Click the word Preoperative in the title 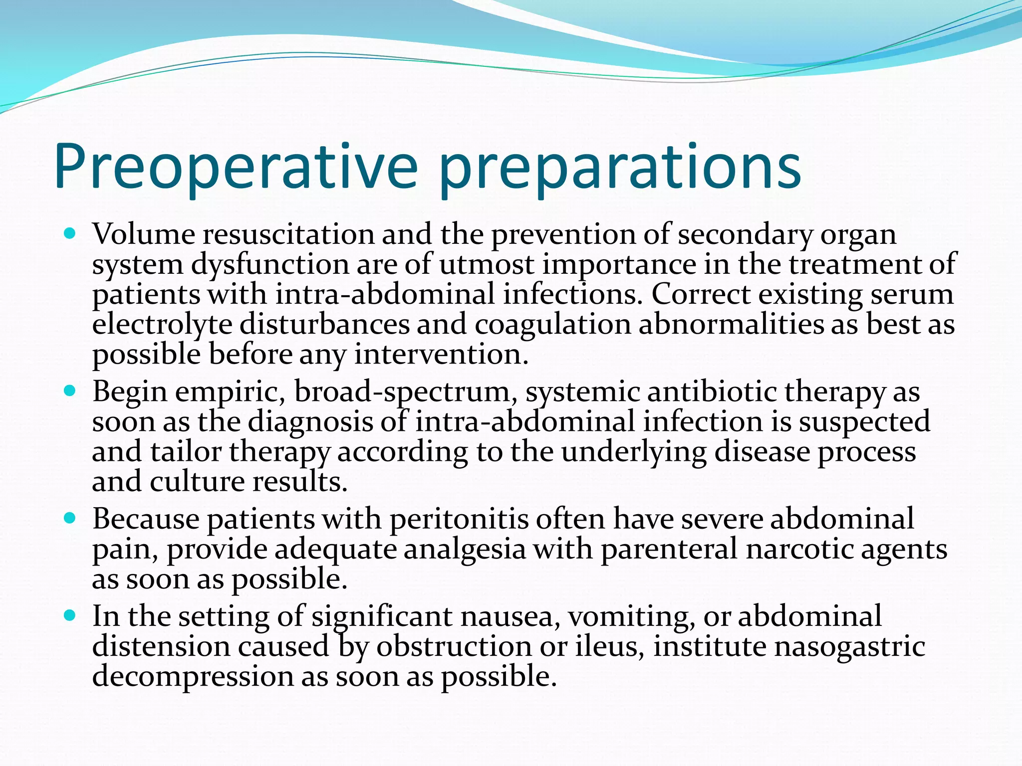235,167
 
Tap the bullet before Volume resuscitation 70,233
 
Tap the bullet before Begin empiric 70,390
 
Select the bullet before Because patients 70,518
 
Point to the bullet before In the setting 70,615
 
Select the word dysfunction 270,264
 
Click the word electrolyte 162,324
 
